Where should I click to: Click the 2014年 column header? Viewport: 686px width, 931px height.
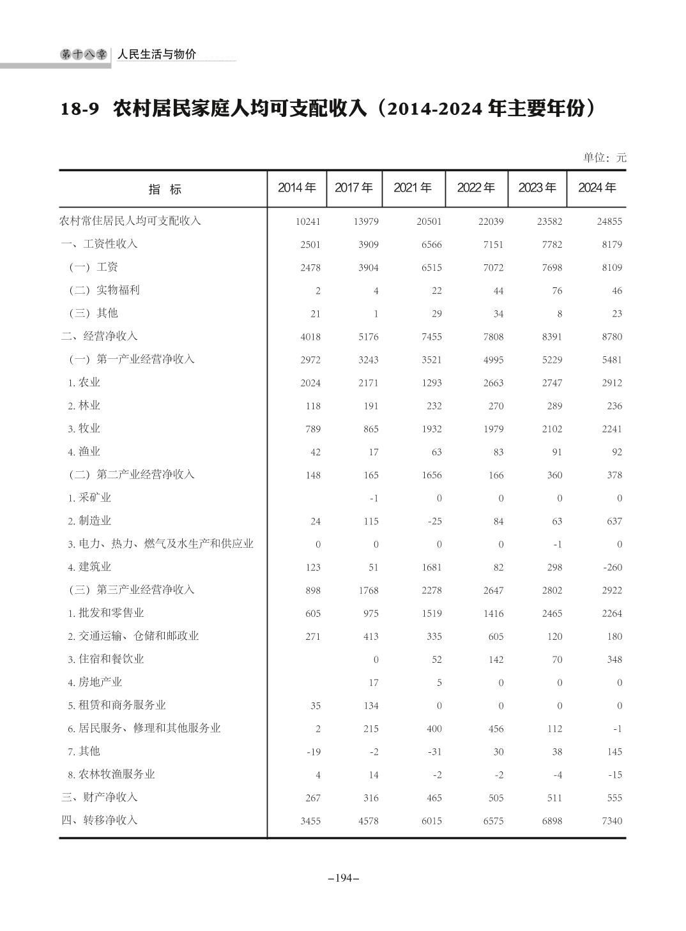(x=296, y=188)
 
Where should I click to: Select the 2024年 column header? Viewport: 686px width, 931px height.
(x=597, y=188)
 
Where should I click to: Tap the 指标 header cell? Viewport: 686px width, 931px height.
(x=165, y=189)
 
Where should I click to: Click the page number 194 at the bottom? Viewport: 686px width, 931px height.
(x=343, y=878)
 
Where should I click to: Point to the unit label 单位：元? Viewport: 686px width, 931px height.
(x=604, y=157)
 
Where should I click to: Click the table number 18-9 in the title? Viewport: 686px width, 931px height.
(x=80, y=109)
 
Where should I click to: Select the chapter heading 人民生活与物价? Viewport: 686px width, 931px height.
(x=156, y=54)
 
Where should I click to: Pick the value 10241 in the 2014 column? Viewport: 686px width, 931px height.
(x=308, y=222)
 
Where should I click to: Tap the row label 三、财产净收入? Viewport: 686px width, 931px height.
(x=100, y=797)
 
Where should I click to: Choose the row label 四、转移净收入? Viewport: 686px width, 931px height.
(x=100, y=820)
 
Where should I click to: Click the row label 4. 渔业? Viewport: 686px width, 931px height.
(x=84, y=451)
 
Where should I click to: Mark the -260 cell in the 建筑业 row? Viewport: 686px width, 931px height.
(x=611, y=567)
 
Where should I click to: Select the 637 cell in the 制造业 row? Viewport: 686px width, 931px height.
(x=614, y=521)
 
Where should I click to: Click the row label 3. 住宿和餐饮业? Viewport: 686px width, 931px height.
(x=106, y=659)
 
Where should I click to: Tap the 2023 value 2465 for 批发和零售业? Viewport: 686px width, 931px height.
(x=552, y=614)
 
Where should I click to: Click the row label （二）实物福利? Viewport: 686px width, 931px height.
(x=104, y=290)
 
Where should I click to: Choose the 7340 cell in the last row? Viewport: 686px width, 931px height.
(x=611, y=821)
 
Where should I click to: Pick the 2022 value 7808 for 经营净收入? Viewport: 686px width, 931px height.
(x=493, y=337)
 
